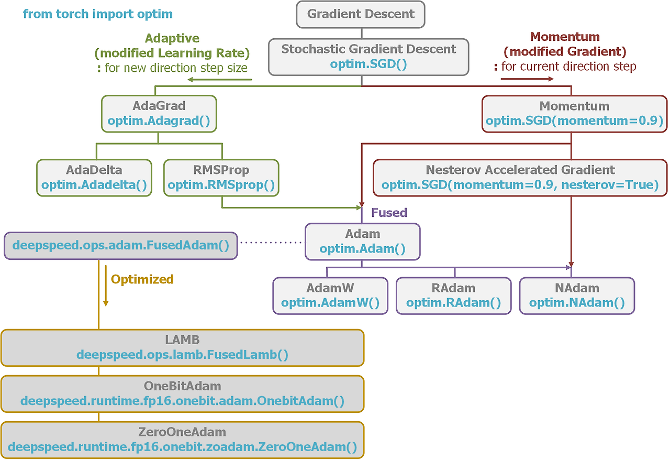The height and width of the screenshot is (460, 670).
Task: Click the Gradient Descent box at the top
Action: [361, 14]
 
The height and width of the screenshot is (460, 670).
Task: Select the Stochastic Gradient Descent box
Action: [368, 57]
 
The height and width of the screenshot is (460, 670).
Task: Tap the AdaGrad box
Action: [159, 113]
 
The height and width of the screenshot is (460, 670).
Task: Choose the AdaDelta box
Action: [94, 178]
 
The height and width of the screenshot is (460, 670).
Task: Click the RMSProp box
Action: [221, 178]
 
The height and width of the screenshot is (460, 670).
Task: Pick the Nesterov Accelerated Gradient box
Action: [520, 178]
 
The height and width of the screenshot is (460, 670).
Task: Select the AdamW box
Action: [330, 295]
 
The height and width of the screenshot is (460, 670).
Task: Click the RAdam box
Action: [453, 295]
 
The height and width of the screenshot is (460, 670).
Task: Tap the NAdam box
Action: [577, 295]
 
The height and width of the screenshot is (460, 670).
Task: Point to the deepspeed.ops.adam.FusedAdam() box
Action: [121, 246]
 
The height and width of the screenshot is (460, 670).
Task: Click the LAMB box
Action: [182, 347]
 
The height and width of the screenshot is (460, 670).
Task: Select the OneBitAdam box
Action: [182, 393]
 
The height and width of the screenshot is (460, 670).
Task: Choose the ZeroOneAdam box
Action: [182, 440]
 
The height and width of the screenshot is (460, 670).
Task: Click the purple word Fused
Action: [389, 213]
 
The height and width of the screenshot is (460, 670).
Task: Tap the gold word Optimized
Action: [142, 279]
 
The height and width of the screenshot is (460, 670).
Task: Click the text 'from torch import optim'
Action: [97, 14]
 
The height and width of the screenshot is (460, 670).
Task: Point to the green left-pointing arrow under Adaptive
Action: [220, 80]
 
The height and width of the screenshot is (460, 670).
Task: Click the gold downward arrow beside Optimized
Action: [105, 286]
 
